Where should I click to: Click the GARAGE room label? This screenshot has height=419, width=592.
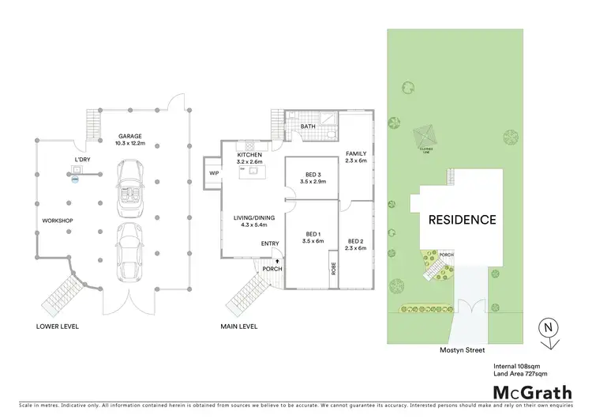(129, 136)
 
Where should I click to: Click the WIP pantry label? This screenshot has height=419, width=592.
(213, 173)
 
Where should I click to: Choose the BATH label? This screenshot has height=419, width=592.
(308, 126)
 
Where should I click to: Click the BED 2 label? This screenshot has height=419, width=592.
(356, 243)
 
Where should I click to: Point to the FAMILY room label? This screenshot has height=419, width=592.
(356, 155)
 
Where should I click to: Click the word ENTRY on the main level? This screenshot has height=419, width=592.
(270, 243)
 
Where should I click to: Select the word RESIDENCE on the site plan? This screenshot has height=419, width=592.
(463, 221)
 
